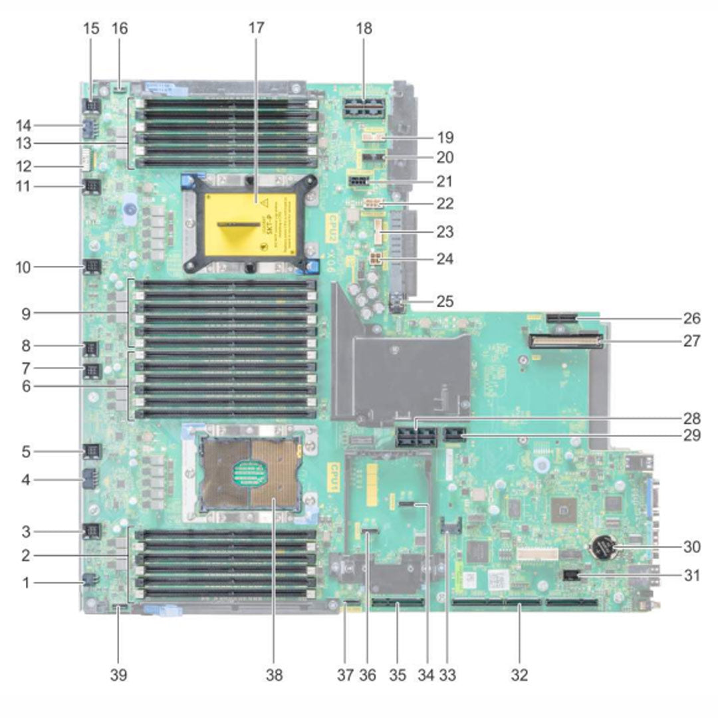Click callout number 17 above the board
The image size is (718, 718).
(x=256, y=28)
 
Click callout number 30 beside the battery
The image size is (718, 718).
(x=692, y=548)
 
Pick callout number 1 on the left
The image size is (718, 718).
(x=25, y=583)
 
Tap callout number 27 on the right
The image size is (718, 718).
(x=692, y=342)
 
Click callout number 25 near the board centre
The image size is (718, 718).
(x=444, y=300)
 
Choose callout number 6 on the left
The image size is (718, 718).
(x=25, y=385)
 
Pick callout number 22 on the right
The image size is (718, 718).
(x=444, y=203)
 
